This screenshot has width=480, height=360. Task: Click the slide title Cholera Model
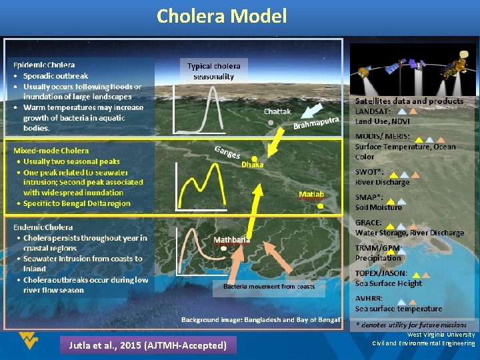click(x=221, y=16)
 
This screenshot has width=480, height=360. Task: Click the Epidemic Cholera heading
click(x=44, y=65)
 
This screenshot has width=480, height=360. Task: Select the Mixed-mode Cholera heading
click(x=51, y=151)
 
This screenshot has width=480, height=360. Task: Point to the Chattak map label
click(x=277, y=111)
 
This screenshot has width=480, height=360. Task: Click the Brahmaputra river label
click(x=317, y=122)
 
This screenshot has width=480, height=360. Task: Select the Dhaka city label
click(x=252, y=164)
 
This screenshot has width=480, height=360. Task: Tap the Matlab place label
click(x=311, y=194)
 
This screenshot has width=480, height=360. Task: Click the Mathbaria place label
click(x=232, y=239)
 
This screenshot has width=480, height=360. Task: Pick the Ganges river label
click(x=227, y=152)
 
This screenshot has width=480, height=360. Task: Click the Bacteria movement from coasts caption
click(x=269, y=287)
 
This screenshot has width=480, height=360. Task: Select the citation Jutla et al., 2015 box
click(x=148, y=345)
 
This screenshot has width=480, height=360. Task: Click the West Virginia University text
click(x=441, y=335)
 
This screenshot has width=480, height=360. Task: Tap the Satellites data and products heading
click(x=409, y=101)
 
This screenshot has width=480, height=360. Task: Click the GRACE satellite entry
click(x=369, y=223)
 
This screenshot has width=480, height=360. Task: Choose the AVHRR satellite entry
click(x=369, y=299)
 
